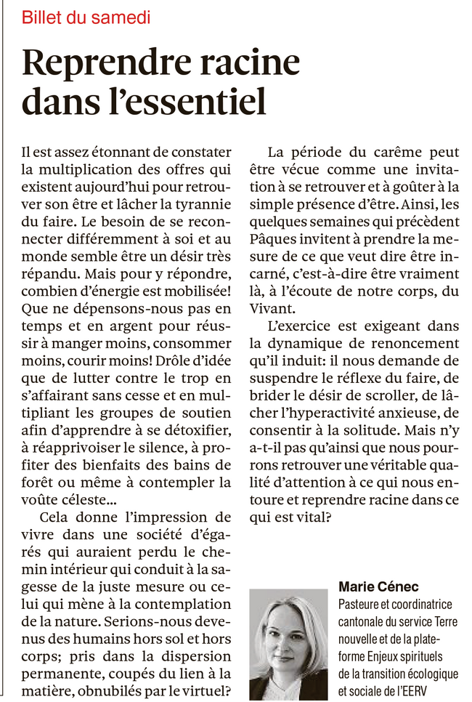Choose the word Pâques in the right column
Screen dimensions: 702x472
tap(273, 239)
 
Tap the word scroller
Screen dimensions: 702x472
tap(386, 379)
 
